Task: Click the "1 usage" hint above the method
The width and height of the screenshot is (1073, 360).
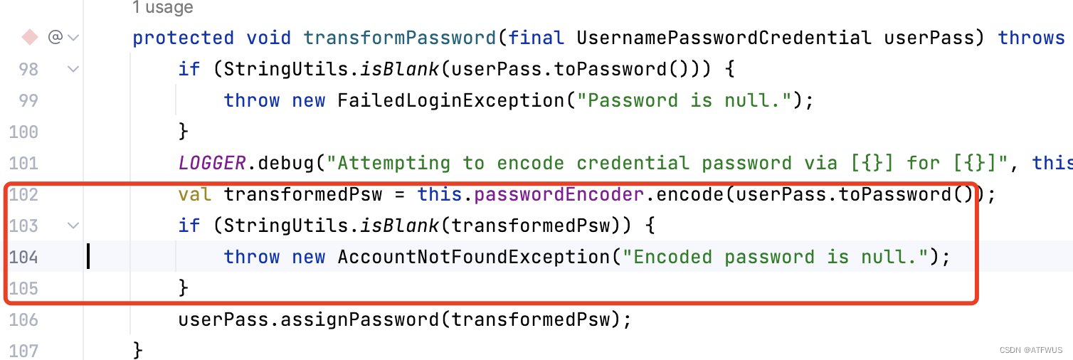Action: tap(162, 8)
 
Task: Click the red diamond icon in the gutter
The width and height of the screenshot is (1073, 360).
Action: tap(30, 36)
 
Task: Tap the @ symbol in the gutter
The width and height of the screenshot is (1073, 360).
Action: tap(55, 37)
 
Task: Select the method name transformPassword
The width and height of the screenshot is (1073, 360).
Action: tap(400, 38)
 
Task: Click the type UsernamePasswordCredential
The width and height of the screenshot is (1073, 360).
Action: tap(724, 38)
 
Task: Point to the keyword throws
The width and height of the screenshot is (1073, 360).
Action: tap(1031, 38)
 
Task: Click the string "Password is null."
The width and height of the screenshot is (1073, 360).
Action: tap(684, 100)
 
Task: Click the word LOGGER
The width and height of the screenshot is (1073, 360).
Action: tap(211, 163)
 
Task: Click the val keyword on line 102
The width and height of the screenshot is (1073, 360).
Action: tap(194, 194)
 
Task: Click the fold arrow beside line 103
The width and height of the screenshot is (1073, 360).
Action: tap(73, 226)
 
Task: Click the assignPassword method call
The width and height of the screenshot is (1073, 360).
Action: tap(359, 319)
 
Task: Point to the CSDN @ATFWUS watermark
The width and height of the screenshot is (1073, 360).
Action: tap(1030, 350)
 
